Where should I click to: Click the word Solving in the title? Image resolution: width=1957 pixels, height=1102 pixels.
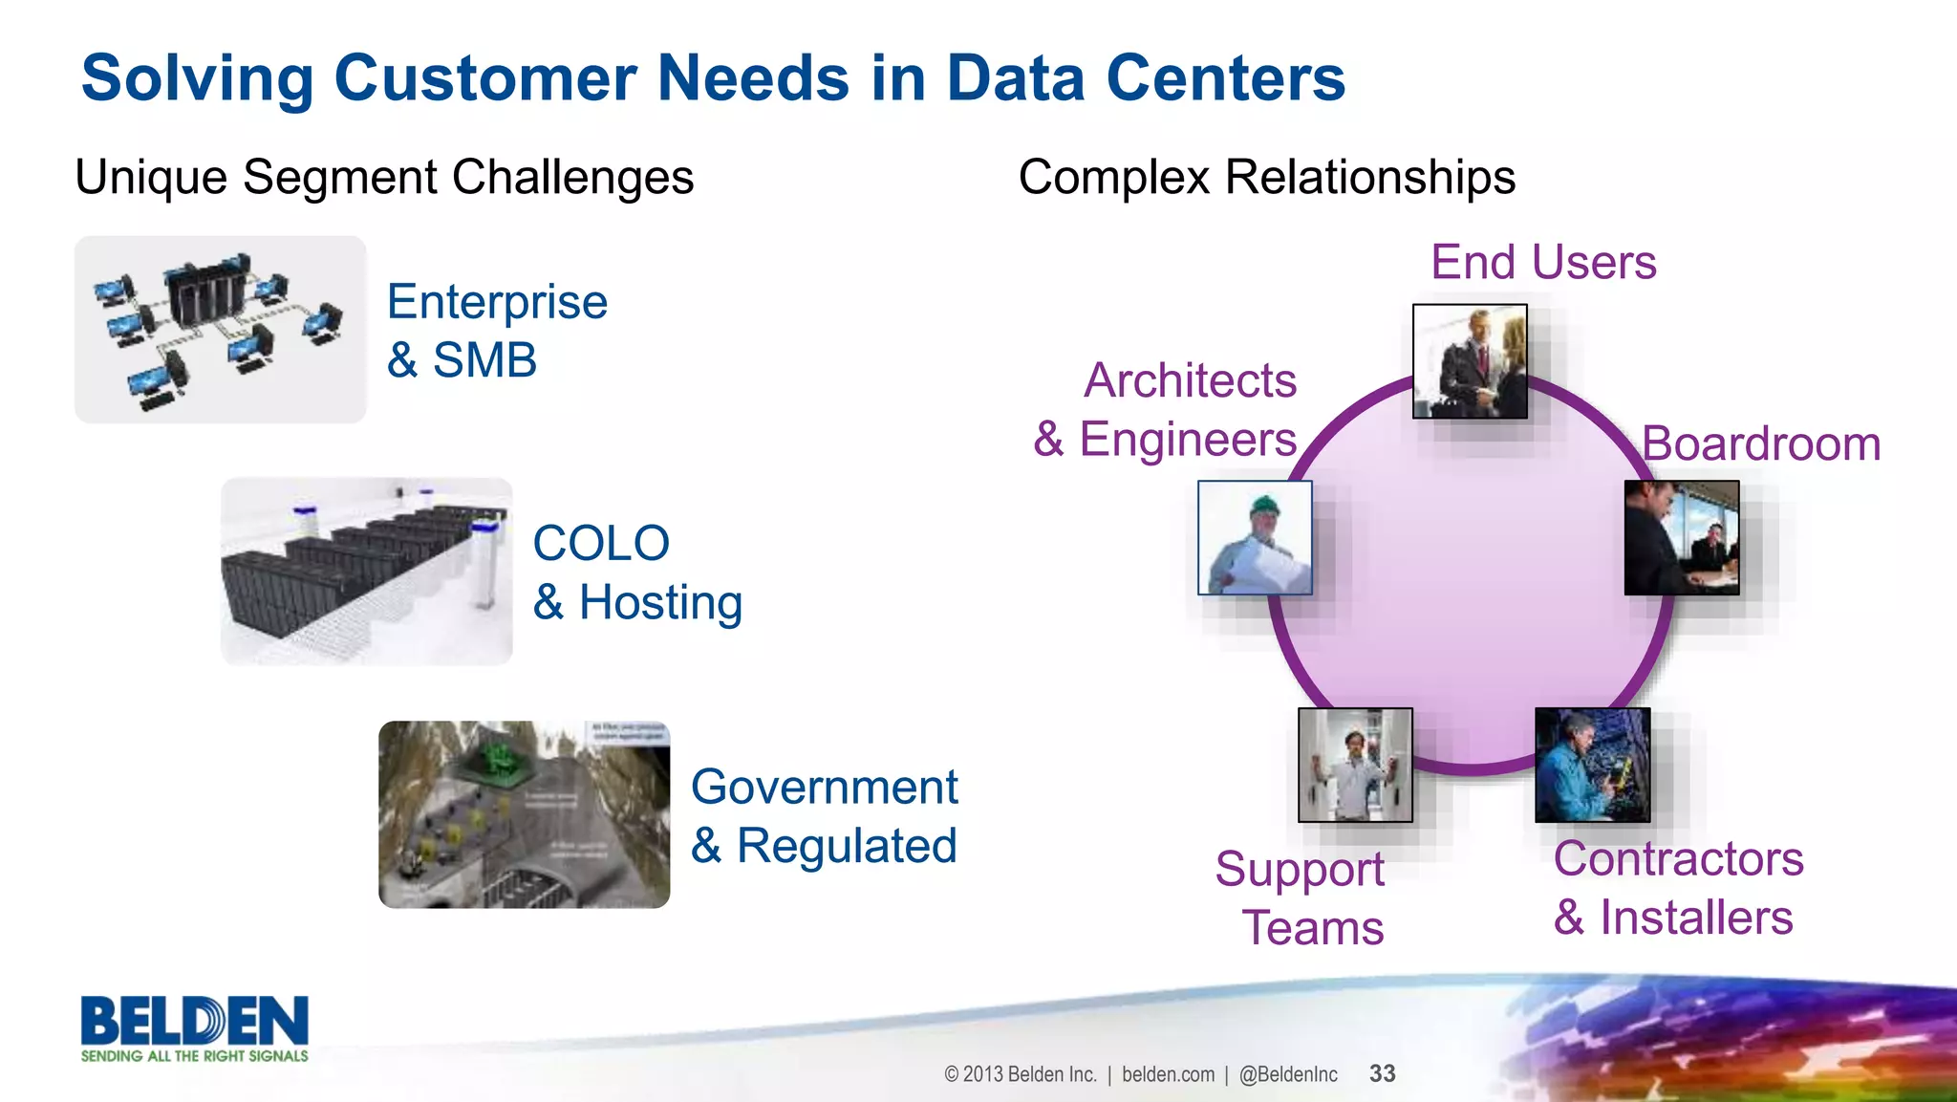tap(197, 78)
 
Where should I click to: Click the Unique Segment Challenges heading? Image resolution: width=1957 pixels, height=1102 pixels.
tap(384, 178)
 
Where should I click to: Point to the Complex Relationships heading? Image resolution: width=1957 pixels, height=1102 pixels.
tap(1266, 178)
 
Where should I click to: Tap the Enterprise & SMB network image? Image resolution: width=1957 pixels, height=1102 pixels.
tap(221, 330)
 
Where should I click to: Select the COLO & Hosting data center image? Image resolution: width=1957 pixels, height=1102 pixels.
tap(367, 572)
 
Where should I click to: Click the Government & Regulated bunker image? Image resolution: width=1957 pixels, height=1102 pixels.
tap(524, 814)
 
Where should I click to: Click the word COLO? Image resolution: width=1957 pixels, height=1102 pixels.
tap(601, 544)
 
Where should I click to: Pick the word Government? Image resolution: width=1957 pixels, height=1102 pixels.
tap(824, 788)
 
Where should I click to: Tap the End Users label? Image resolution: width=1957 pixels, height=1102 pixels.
tap(1542, 263)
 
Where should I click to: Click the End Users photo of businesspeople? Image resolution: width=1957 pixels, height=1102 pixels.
tap(1470, 361)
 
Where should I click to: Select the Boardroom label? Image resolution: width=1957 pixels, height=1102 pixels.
tap(1761, 444)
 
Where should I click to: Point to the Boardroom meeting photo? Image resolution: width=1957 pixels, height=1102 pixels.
tap(1682, 538)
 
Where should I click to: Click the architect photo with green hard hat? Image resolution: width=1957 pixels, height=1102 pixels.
tap(1255, 538)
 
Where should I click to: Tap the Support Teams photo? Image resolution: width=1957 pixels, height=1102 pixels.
tap(1355, 765)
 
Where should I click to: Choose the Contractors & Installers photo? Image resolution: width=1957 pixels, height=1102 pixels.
tap(1592, 765)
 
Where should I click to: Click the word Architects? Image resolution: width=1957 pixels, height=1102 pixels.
tap(1190, 381)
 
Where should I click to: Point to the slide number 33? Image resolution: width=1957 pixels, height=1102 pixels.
tap(1382, 1074)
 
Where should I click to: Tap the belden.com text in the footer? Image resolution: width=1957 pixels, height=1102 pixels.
tap(1168, 1074)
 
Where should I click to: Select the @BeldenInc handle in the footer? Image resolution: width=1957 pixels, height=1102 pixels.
tap(1288, 1074)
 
